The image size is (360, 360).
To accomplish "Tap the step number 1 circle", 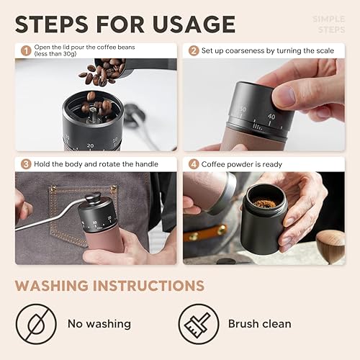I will pos(24,51).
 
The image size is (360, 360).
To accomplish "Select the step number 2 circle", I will pos(193,50).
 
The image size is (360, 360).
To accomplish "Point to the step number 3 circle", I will pos(24,163).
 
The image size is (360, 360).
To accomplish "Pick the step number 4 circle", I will pos(193,163).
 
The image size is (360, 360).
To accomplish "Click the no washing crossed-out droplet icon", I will pos(36,323).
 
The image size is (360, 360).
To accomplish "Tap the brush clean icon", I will pos(199,323).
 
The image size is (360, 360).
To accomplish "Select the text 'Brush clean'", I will pos(260,324).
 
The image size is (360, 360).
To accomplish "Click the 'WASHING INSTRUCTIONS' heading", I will pos(109,284).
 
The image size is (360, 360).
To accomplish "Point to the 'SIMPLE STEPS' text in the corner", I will pos(328,24).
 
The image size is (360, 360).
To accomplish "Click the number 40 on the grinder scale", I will pos(271,115).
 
